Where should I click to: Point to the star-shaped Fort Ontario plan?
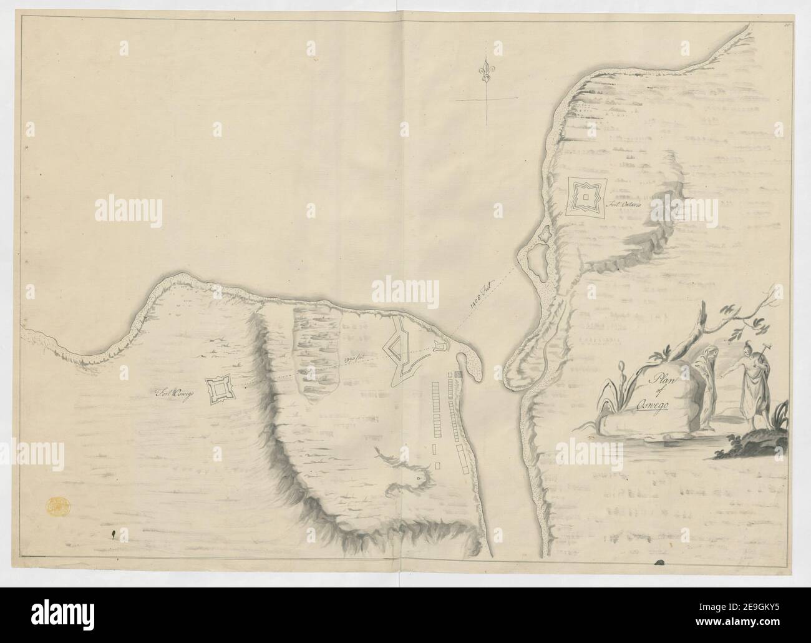tap(586, 198)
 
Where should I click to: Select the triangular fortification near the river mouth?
tap(400, 347)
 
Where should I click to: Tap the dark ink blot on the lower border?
tap(659, 562)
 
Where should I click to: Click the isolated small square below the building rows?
tap(438, 466)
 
